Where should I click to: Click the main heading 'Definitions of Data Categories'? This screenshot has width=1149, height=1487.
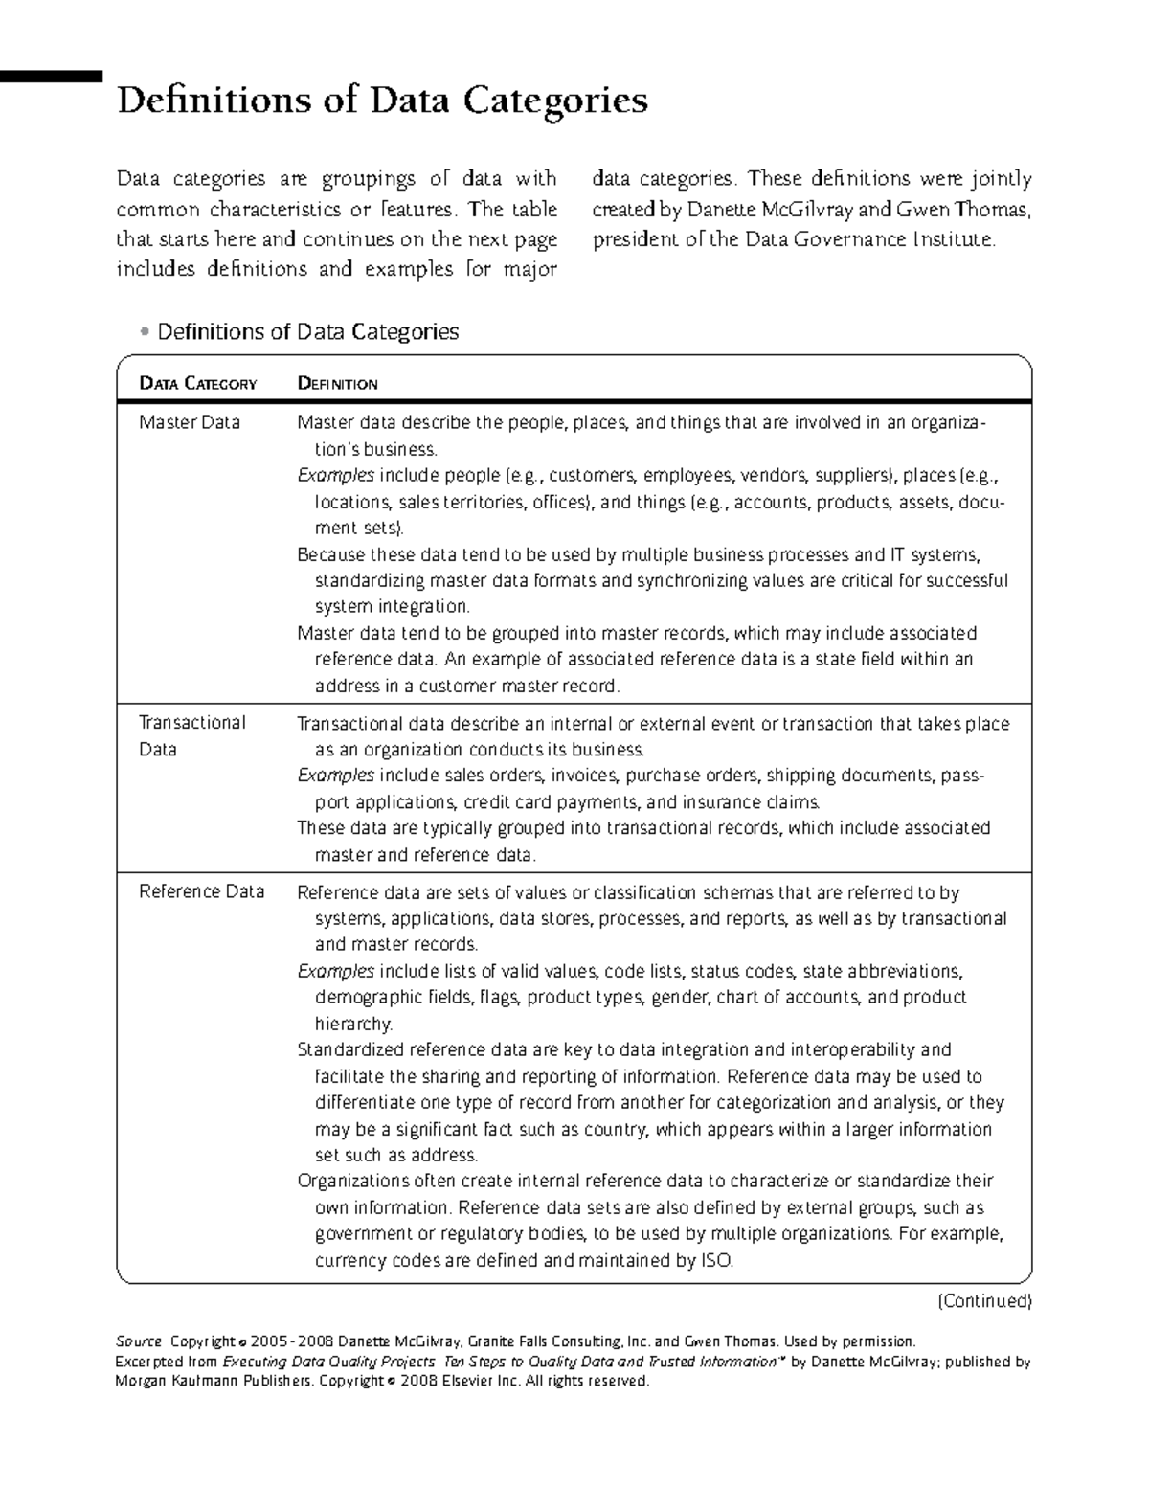click(382, 101)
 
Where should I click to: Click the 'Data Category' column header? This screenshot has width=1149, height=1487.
click(197, 384)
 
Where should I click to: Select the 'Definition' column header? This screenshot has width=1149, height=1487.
click(337, 384)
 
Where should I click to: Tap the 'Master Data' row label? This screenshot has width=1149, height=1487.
click(189, 422)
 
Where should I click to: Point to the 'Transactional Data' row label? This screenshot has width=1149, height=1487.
click(191, 735)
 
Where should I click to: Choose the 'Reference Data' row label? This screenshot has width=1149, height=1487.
click(201, 891)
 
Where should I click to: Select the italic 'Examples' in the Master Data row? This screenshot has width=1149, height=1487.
click(335, 475)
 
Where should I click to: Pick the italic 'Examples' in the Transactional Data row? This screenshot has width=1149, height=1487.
click(335, 775)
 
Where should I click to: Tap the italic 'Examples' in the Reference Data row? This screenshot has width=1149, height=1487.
click(335, 971)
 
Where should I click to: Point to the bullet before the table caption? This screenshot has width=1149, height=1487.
click(144, 332)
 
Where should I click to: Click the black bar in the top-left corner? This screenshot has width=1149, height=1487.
click(50, 75)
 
